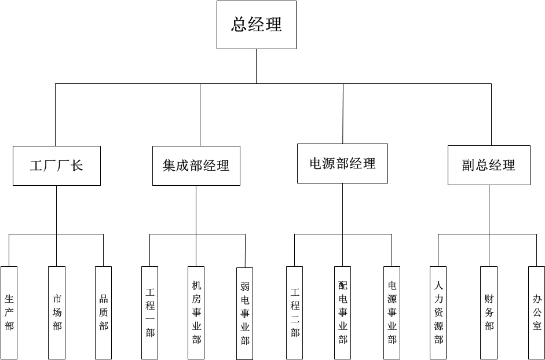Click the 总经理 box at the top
click(x=257, y=25)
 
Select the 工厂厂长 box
click(x=57, y=166)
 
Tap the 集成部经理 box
click(x=196, y=166)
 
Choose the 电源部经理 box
click(x=342, y=164)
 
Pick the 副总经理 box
click(x=489, y=165)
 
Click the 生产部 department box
click(x=9, y=313)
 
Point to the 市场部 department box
click(x=57, y=313)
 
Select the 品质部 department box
click(x=104, y=313)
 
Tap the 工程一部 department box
click(x=150, y=313)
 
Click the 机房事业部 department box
click(x=196, y=313)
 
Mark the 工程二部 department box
click(x=295, y=313)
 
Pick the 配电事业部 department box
click(x=343, y=313)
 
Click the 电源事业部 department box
click(x=392, y=313)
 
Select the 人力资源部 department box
click(x=438, y=313)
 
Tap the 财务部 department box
click(x=489, y=313)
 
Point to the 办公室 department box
click(x=537, y=313)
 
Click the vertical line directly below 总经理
click(x=257, y=66)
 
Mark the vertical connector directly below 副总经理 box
click(x=489, y=210)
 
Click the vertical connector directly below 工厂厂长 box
click(x=57, y=210)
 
